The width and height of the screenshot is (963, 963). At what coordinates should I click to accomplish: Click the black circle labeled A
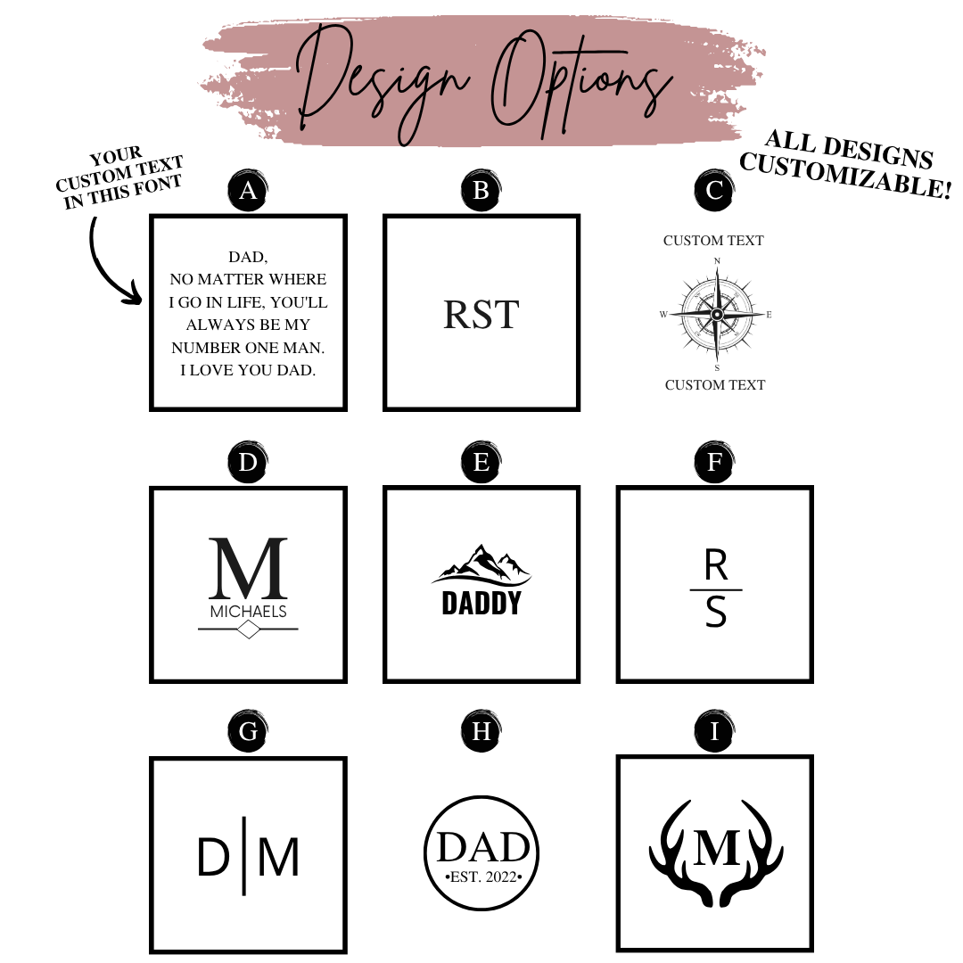coord(248,191)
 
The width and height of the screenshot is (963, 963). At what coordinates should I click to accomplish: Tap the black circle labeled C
coord(714,191)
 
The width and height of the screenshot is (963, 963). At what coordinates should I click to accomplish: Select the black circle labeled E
coord(481,462)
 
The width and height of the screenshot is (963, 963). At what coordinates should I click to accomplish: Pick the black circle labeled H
coord(481,731)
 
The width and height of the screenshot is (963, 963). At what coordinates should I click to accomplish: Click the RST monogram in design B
coord(481,315)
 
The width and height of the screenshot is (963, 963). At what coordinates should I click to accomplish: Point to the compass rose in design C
coord(717,315)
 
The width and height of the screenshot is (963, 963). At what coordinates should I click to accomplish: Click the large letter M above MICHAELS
coord(248,568)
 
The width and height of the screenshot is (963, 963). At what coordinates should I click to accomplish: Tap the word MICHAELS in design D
coord(248,612)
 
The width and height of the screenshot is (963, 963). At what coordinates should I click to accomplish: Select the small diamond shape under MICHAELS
coord(248,630)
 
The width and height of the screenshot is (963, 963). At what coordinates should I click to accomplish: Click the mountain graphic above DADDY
coord(481,564)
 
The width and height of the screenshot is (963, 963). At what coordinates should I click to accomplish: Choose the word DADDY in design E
coord(481,603)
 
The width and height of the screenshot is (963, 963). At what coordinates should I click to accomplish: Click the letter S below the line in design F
coord(716,613)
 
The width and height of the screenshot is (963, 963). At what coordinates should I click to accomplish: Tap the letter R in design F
coord(716,565)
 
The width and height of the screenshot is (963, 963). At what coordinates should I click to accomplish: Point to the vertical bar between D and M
coord(244,856)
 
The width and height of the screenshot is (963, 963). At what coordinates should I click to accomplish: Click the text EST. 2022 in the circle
coord(483,877)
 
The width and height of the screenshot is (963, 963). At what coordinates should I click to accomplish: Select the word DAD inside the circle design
coord(483,848)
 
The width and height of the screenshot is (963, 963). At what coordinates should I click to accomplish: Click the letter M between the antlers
coord(717,848)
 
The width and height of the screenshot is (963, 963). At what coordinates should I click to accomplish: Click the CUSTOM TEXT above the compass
coord(713,240)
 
